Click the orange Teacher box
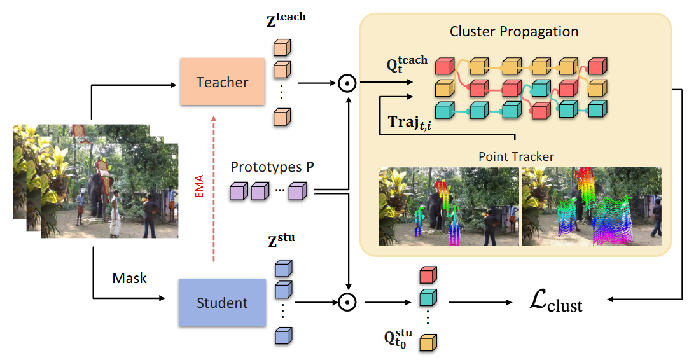222,81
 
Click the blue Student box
222,302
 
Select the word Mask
129,278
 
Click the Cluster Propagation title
514,31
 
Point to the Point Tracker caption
516,156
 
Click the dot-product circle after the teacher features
346,83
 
